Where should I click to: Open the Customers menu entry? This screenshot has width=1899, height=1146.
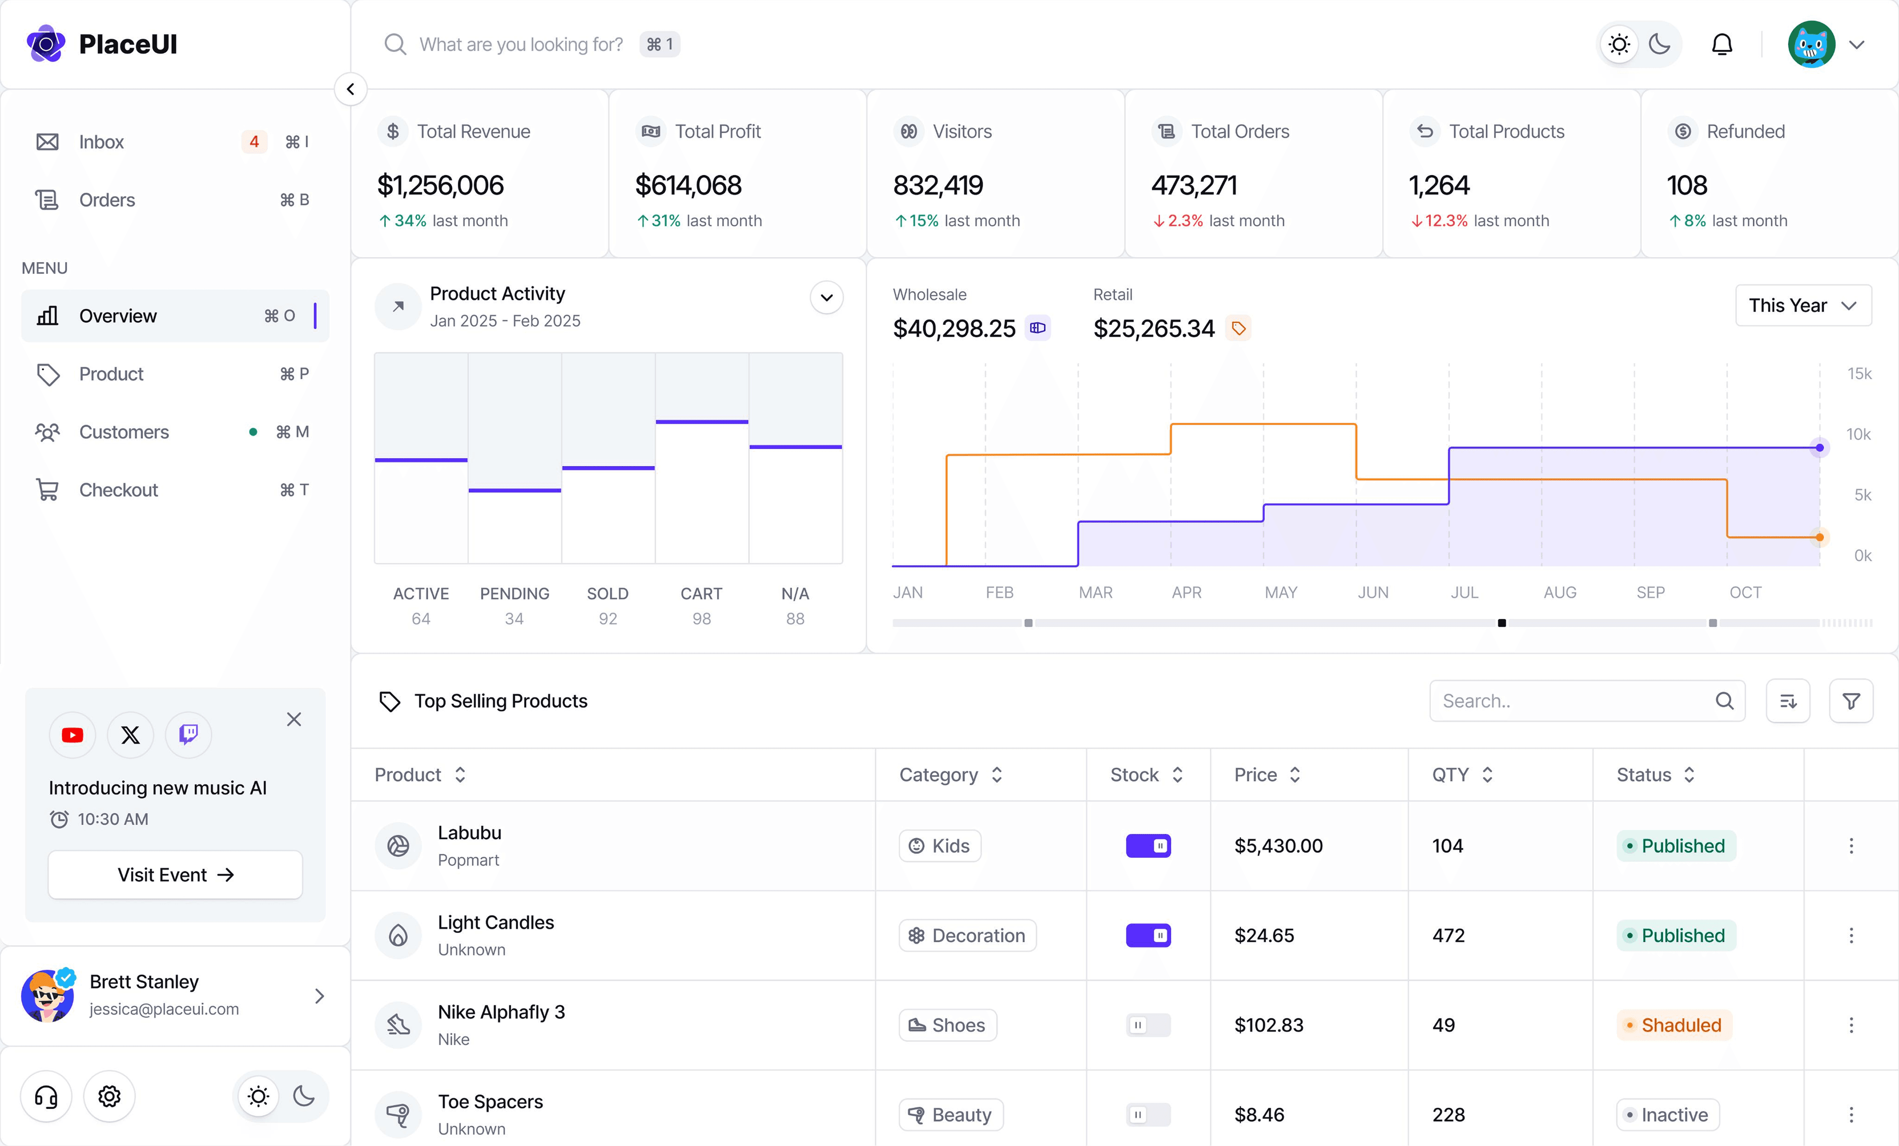[x=123, y=432]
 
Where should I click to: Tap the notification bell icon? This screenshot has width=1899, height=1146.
[x=1722, y=44]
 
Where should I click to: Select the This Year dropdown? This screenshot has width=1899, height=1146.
[x=1802, y=305]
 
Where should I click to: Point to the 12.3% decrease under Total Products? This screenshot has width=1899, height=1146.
[x=1445, y=221]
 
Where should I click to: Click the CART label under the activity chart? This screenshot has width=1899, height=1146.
[x=701, y=593]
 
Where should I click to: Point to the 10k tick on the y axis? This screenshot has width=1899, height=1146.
[x=1857, y=434]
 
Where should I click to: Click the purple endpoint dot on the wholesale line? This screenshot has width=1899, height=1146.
[x=1819, y=448]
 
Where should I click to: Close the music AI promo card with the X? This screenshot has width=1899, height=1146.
[x=294, y=719]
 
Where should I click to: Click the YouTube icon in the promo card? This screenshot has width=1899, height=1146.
[x=72, y=735]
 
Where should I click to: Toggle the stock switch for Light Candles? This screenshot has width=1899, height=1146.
[x=1148, y=935]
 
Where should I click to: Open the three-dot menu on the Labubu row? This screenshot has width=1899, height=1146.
[x=1851, y=846]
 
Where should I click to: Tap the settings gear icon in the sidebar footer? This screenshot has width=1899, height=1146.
[x=109, y=1096]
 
